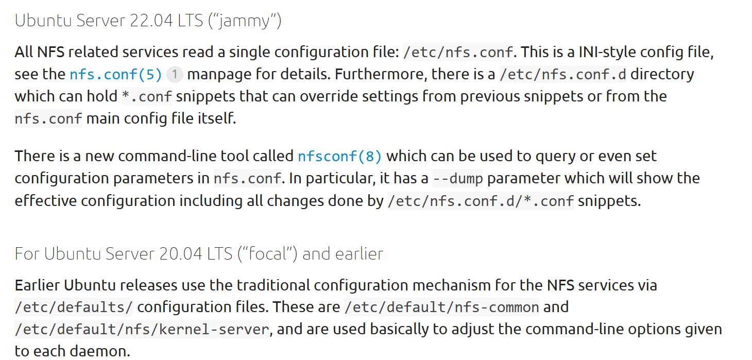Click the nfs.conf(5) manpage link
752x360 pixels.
pyautogui.click(x=116, y=74)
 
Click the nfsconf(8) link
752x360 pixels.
pyautogui.click(x=340, y=156)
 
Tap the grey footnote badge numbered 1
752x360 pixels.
pyautogui.click(x=175, y=74)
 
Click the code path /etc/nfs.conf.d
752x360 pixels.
pyautogui.click(x=563, y=74)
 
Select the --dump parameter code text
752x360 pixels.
pyautogui.click(x=457, y=178)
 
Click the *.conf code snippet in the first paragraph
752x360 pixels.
pyautogui.click(x=147, y=96)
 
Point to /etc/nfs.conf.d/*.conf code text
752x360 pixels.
pyautogui.click(x=480, y=201)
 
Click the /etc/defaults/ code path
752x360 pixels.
pyautogui.click(x=74, y=307)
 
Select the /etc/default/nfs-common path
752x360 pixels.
pyautogui.click(x=441, y=307)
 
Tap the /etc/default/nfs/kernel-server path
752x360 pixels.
pyautogui.click(x=142, y=330)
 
